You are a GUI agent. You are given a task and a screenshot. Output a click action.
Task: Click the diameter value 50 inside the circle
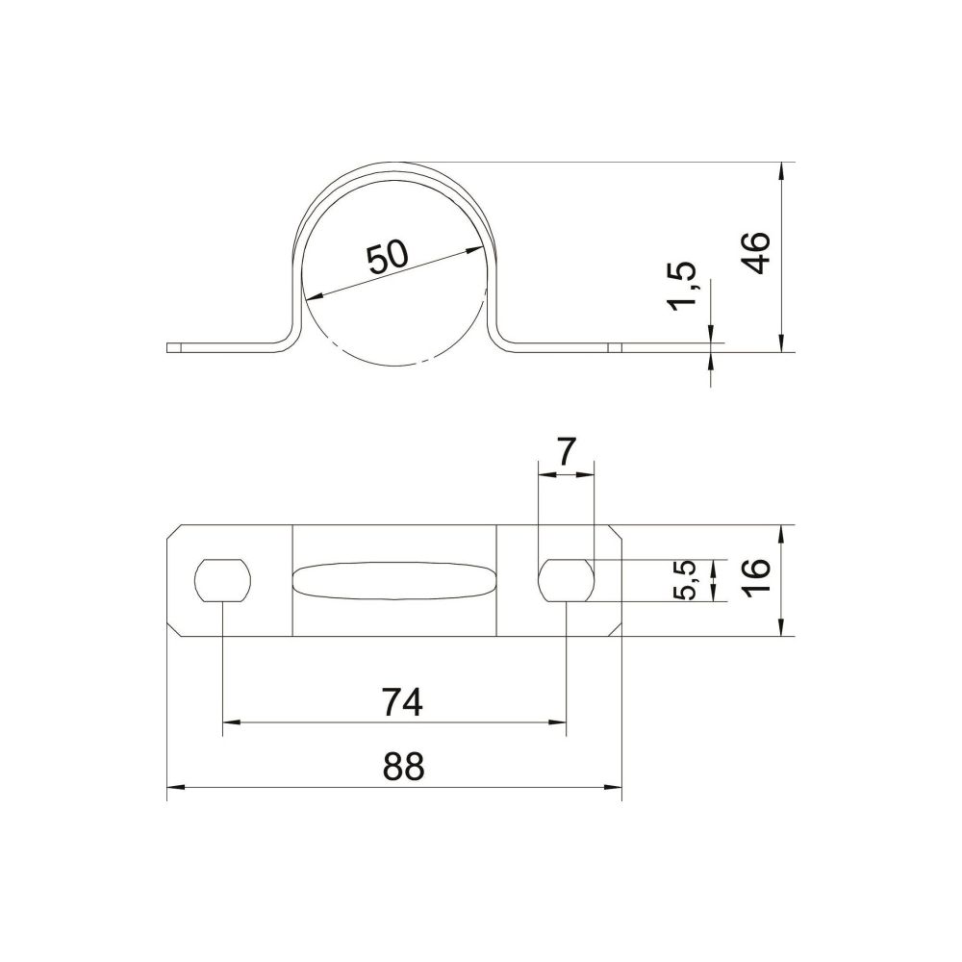tap(388, 257)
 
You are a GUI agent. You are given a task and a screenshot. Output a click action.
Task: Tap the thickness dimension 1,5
tap(683, 287)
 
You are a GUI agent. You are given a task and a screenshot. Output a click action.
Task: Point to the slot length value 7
tap(566, 453)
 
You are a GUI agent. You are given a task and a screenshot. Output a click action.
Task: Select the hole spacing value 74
tap(402, 702)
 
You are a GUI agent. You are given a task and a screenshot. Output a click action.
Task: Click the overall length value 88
tap(403, 767)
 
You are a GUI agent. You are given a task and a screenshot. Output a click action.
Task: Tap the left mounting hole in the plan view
tap(223, 580)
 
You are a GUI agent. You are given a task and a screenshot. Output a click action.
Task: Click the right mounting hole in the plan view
tap(567, 580)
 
